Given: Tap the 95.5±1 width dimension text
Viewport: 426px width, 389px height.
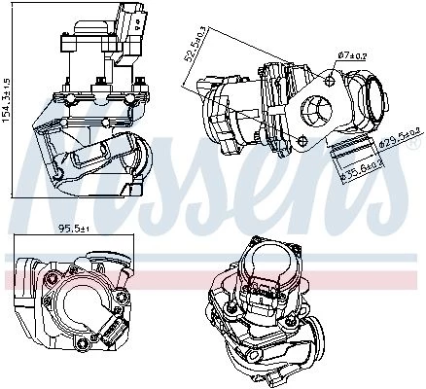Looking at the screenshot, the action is pyautogui.click(x=74, y=229).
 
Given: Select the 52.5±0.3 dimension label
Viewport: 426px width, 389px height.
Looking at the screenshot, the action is pyautogui.click(x=192, y=45).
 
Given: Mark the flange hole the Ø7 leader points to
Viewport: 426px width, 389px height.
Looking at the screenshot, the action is pyautogui.click(x=330, y=80).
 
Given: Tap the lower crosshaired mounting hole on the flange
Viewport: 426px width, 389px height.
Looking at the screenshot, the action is pyautogui.click(x=302, y=140).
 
